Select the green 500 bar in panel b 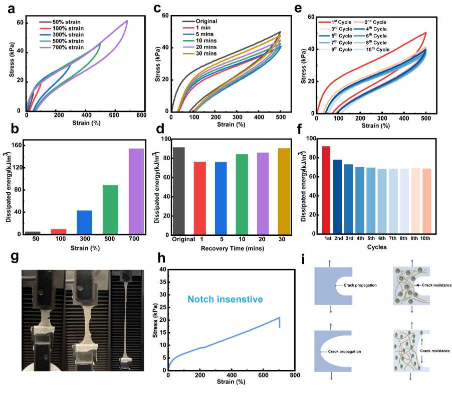coord(110,209)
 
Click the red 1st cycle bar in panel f coord(326,190)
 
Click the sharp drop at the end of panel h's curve coord(280,322)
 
